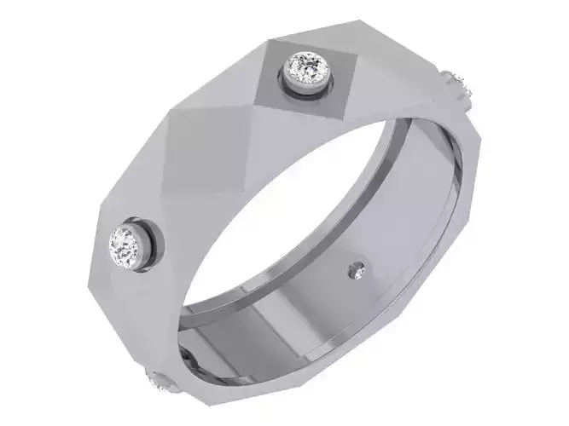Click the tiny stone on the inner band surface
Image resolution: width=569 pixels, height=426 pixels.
tap(356, 272)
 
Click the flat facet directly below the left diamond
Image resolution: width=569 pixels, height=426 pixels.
tap(128, 307)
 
